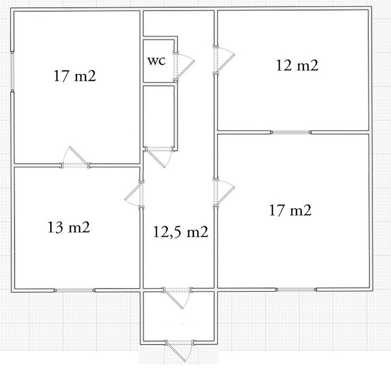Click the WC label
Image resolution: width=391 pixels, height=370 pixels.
(156, 61)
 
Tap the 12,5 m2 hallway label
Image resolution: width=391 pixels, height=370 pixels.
(180, 232)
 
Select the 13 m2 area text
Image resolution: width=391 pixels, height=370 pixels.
(69, 227)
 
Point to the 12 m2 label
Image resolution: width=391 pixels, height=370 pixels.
(297, 66)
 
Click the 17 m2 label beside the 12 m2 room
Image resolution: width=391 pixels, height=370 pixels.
(290, 210)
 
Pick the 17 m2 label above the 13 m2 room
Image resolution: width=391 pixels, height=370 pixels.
(75, 76)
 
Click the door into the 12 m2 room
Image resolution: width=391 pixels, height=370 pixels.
(224, 59)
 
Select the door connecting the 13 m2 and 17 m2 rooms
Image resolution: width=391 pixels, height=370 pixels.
(75, 158)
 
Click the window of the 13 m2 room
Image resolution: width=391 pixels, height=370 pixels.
(75, 290)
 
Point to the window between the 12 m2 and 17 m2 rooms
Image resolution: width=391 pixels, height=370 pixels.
(291, 132)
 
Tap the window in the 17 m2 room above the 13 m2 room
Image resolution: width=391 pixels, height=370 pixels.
(12, 71)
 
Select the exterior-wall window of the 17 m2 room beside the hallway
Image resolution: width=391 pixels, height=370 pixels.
(296, 290)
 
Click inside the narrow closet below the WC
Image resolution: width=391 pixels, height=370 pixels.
(158, 116)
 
